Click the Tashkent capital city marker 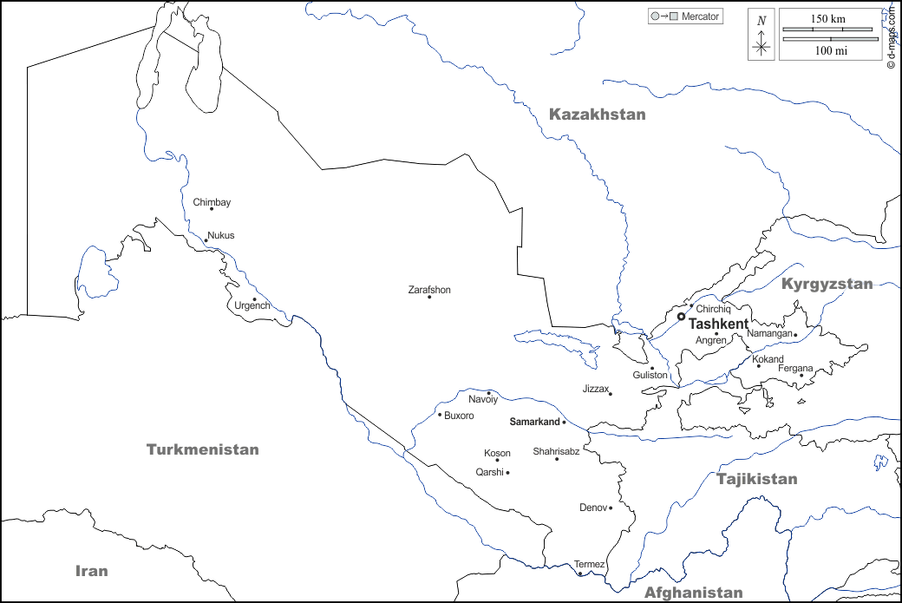681,317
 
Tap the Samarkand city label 534,422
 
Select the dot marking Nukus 206,241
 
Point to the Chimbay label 212,202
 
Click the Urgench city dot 254,299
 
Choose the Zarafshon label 429,290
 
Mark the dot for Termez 580,574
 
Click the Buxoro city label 459,416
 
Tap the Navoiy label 483,400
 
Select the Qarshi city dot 507,473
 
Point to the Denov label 593,508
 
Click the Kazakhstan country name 598,115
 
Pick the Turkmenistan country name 202,449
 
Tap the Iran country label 91,570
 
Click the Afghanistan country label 693,593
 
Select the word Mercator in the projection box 701,16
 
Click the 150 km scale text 828,18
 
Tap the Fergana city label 795,369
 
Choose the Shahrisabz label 556,451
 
